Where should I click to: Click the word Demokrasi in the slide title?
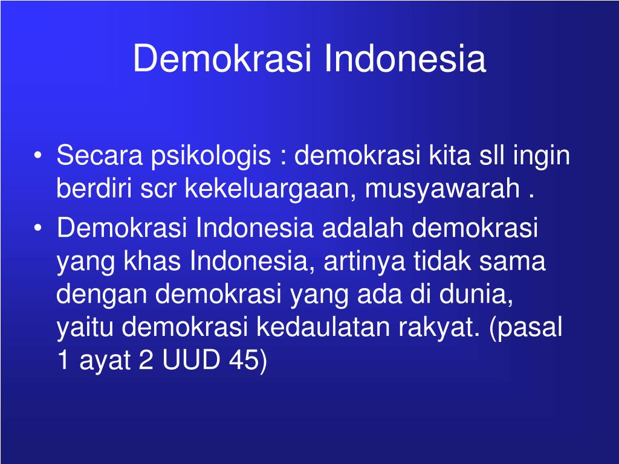click(x=222, y=59)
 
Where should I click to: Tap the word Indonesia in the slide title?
click(x=405, y=59)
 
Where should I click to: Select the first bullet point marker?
click(x=38, y=155)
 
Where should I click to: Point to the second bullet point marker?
click(x=38, y=228)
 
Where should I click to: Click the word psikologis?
click(x=211, y=156)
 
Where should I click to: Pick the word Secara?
click(x=100, y=155)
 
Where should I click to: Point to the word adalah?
click(x=363, y=228)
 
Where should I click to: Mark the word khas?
click(x=152, y=261)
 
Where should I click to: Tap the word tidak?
click(x=442, y=261)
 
